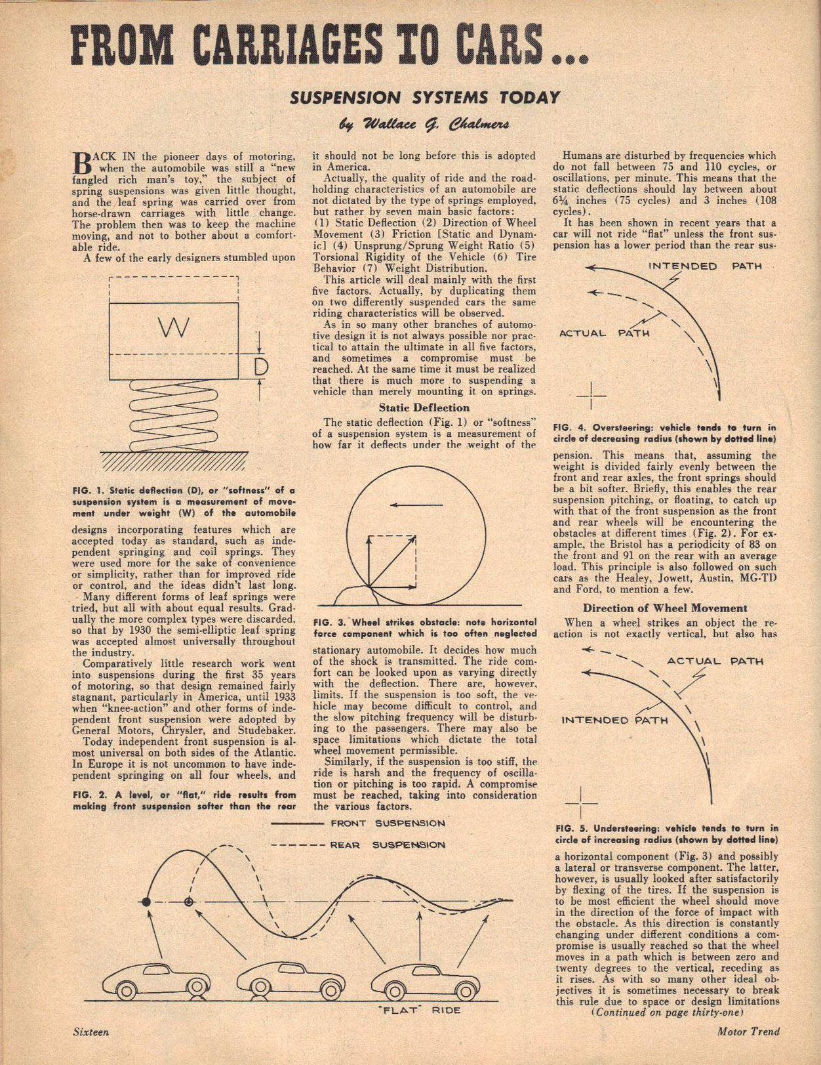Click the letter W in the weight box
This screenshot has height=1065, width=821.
tap(174, 327)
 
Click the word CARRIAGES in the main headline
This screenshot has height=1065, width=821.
tap(261, 45)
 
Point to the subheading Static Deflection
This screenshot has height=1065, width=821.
tap(424, 407)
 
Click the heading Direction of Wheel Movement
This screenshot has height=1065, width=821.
tap(665, 608)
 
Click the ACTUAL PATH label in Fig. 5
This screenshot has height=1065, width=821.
tap(715, 661)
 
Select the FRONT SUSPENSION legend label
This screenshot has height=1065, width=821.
tap(388, 823)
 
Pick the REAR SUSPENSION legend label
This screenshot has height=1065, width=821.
tap(388, 845)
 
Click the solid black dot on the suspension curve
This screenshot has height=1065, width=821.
tap(146, 902)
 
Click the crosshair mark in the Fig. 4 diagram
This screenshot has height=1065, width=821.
tap(591, 395)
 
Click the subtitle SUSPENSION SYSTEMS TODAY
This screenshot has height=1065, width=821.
tap(425, 98)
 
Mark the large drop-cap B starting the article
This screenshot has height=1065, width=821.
tap(79, 163)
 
